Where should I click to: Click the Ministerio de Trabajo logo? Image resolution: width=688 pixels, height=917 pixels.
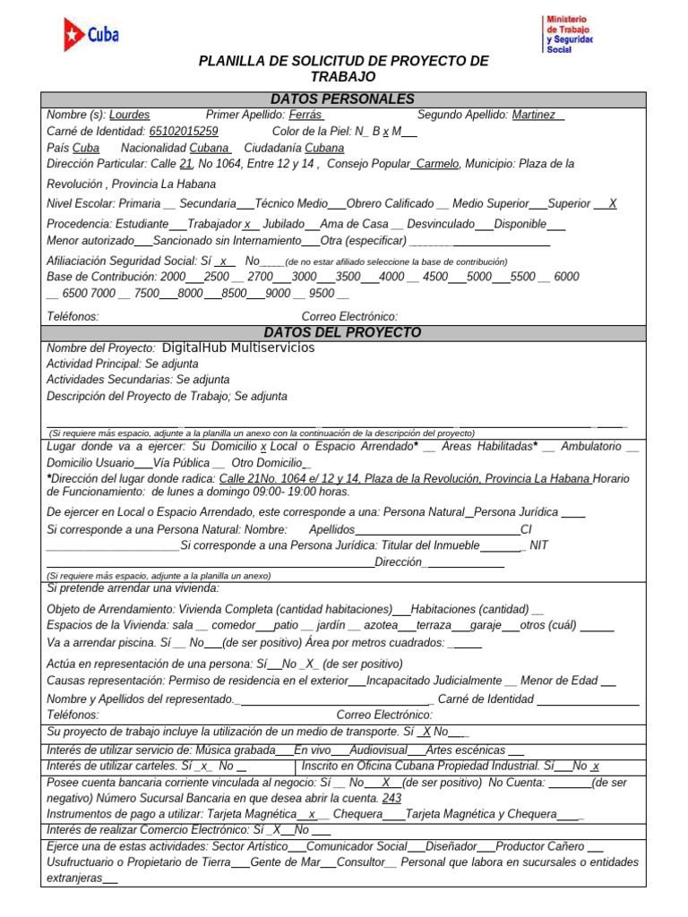[568, 34]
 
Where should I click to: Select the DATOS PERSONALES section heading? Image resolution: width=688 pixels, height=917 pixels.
[342, 99]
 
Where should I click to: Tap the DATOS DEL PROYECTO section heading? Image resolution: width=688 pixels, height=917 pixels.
[342, 332]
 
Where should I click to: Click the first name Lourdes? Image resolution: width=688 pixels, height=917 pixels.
[130, 115]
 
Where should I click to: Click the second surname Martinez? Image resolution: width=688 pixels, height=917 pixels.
[535, 115]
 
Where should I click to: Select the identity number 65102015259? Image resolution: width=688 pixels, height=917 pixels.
[183, 131]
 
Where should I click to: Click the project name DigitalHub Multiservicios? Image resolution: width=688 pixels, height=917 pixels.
[238, 347]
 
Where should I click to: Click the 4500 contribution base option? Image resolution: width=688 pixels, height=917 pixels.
[435, 277]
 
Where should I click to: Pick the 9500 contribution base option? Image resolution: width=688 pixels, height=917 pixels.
[321, 293]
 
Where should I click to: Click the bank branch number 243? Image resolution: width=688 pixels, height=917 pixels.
[391, 798]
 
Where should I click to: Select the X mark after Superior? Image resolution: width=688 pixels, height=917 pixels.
[612, 203]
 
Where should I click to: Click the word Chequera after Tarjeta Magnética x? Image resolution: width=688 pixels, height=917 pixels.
[357, 814]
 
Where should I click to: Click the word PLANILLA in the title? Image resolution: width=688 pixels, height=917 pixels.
[234, 61]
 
